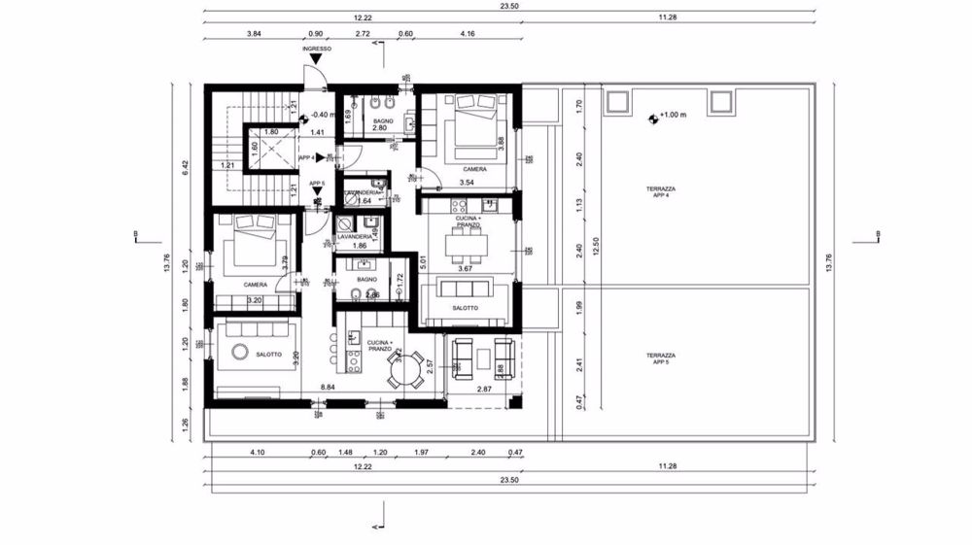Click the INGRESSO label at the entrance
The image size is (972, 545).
coord(317,48)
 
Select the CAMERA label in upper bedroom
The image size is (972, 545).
coord(474,168)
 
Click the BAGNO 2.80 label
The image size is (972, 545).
coord(380,123)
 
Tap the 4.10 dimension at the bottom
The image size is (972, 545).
coord(258,452)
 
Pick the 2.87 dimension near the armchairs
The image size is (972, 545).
coord(486,390)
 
